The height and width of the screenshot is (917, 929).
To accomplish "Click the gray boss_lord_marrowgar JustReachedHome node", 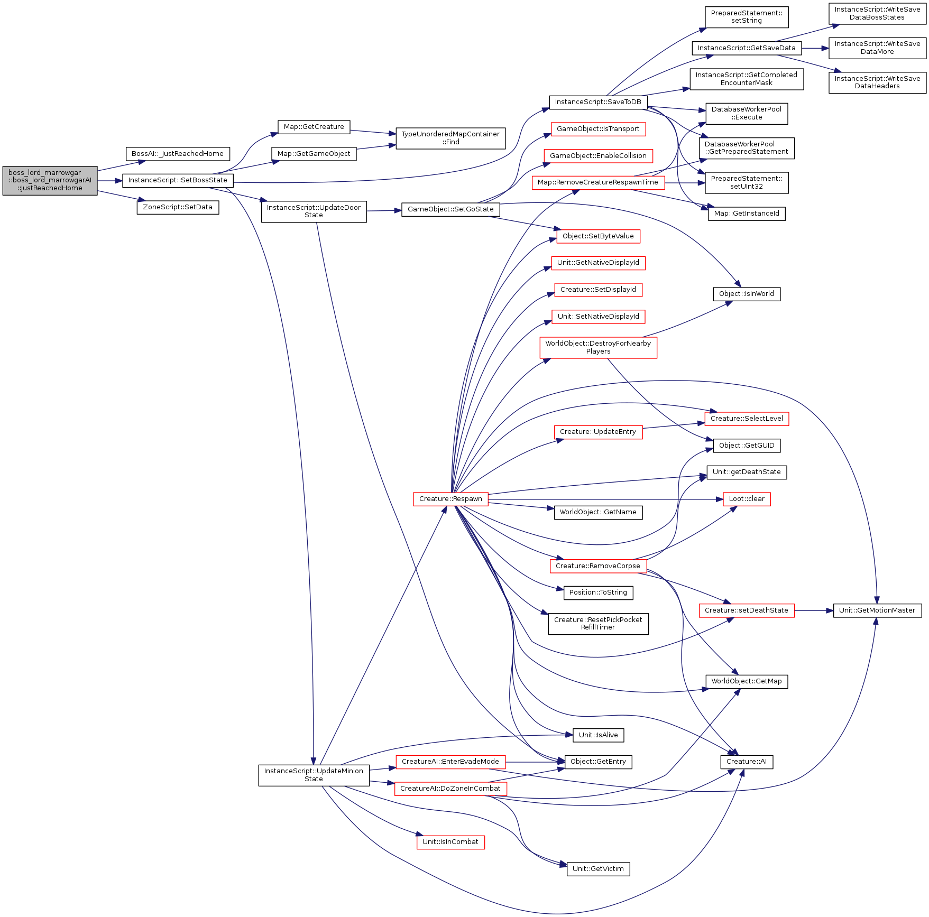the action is click(50, 181).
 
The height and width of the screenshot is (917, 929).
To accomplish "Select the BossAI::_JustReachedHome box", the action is click(178, 154).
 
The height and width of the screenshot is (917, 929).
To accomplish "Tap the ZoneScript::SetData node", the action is click(178, 207).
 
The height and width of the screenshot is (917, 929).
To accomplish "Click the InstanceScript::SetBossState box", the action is click(178, 180).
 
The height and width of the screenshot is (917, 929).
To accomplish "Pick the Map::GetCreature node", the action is click(314, 127).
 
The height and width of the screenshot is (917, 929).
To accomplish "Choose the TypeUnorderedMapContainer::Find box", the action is click(450, 138).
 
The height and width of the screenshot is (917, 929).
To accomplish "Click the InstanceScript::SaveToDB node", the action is click(598, 102).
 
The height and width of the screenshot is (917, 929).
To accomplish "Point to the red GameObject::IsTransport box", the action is click(598, 129).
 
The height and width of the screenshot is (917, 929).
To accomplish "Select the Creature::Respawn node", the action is click(450, 499).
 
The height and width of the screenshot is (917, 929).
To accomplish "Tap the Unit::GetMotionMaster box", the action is click(877, 610).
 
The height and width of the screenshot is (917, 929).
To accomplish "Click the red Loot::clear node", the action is click(747, 499).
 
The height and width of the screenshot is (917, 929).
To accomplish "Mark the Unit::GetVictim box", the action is click(598, 869).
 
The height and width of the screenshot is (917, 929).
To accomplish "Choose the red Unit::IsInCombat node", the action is click(450, 842).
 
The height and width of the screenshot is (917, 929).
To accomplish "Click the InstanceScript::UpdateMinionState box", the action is click(314, 775).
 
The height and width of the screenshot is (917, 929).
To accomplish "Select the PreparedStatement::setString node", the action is click(747, 17).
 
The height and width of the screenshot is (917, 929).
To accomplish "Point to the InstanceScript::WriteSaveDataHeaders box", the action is click(877, 82).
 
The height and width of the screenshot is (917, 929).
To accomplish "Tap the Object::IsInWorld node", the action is click(747, 294).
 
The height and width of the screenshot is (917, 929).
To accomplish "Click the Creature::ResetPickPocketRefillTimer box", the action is click(598, 624).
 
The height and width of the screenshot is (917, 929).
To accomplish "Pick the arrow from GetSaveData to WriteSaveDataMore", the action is click(815, 48).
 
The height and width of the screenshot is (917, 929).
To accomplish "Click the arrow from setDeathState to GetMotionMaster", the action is click(814, 610).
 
